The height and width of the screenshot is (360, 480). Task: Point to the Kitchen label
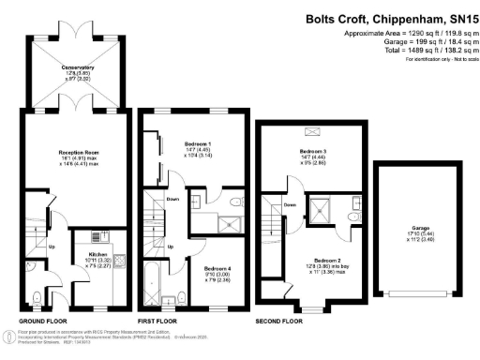tap(99, 255)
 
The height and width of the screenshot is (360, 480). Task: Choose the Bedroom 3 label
tap(312, 152)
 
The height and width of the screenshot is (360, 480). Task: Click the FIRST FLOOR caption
tap(159, 320)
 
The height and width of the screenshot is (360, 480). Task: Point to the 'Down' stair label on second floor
tap(291, 204)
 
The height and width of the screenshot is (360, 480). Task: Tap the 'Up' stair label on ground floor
tap(52, 247)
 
